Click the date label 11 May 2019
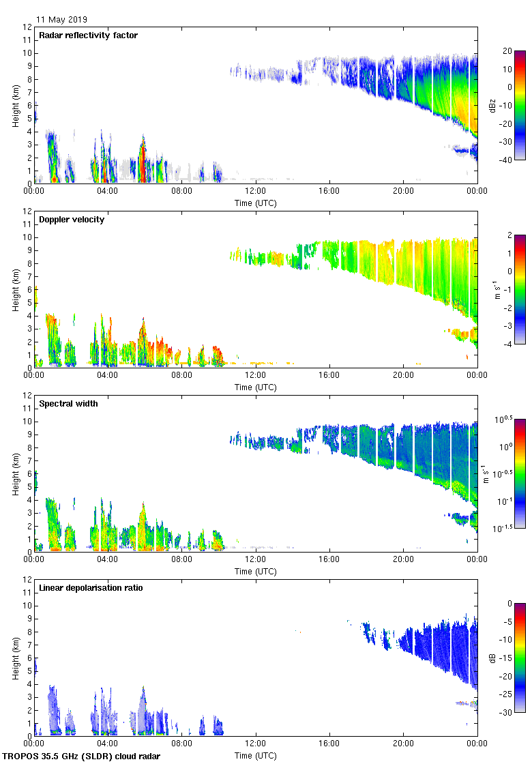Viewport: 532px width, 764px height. [x=61, y=20]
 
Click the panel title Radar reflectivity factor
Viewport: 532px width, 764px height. [x=88, y=35]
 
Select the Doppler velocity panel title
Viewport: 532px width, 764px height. [x=72, y=220]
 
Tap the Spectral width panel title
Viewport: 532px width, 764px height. [x=69, y=404]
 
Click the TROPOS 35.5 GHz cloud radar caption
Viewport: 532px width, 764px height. [x=82, y=756]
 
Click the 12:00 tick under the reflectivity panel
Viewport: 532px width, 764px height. [x=256, y=191]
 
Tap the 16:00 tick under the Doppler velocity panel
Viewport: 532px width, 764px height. [x=329, y=375]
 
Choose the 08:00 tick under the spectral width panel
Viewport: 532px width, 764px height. [x=182, y=559]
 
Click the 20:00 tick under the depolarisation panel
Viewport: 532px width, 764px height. [x=403, y=744]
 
